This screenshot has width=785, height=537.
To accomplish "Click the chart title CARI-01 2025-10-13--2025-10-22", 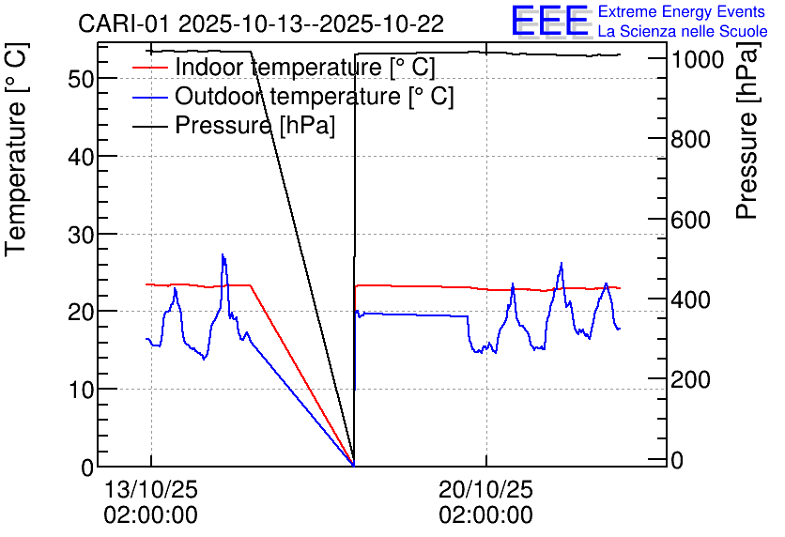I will coord(260,23).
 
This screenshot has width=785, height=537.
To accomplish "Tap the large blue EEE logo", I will coord(549,21).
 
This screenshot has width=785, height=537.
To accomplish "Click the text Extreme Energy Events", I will coord(681,12).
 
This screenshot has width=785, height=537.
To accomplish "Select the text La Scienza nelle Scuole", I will coord(683,32).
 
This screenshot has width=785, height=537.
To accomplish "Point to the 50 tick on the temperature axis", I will coord(81,79).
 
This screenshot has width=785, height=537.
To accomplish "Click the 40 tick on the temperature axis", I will coord(81,157).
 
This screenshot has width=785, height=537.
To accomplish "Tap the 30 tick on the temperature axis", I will coord(81,234).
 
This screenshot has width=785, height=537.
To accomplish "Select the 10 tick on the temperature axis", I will coord(81,389).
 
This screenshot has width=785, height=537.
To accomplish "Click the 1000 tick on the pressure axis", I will coord(697,59).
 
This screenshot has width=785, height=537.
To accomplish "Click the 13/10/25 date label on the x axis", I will coord(150,490).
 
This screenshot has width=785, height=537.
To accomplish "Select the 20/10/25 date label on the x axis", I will coord(485,490).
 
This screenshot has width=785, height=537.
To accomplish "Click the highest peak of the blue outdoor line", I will coord(223,254).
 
